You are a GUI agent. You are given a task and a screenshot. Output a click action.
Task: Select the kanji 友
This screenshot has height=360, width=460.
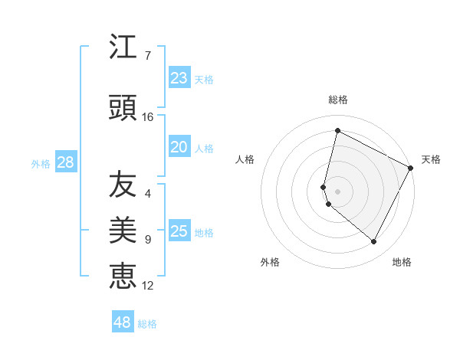(x=123, y=185)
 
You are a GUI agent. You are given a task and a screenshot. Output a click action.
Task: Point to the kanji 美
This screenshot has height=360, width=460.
(x=123, y=229)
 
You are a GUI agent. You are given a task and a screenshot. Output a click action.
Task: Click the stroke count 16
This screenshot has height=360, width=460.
(x=148, y=117)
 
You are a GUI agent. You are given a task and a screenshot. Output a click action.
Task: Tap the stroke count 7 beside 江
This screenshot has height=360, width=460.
(x=147, y=56)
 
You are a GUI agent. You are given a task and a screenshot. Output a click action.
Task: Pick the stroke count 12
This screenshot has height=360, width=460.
(x=148, y=286)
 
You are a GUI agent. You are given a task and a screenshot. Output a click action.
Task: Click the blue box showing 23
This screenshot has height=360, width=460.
(x=179, y=78)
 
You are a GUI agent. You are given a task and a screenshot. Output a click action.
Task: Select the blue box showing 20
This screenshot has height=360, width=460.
(x=179, y=147)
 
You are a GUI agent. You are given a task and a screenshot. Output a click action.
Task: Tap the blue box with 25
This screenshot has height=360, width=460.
(x=179, y=231)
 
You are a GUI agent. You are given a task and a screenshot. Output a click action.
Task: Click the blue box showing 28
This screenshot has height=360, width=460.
(x=65, y=162)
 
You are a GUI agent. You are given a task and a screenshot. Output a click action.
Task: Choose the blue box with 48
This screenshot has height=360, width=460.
(x=123, y=322)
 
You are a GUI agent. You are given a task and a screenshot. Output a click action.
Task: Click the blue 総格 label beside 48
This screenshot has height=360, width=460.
(x=147, y=324)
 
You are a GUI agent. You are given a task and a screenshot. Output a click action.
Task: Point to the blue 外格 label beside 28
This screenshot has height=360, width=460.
(x=41, y=163)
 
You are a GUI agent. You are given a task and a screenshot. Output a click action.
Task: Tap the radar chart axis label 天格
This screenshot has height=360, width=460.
(x=431, y=159)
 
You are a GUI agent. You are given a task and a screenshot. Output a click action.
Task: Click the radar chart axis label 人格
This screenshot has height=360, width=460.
(x=245, y=159)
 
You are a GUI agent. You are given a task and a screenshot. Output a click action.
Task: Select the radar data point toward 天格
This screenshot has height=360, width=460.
(x=411, y=168)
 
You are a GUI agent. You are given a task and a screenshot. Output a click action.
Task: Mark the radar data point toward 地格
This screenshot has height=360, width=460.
(x=373, y=242)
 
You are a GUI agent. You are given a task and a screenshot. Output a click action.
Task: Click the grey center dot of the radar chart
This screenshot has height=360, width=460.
(x=337, y=191)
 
